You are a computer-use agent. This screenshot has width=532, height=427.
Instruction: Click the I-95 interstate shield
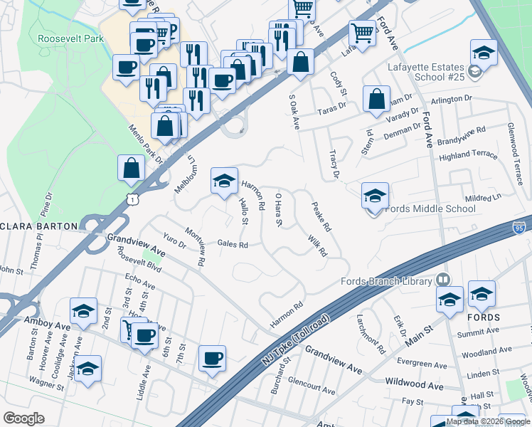click(519, 228)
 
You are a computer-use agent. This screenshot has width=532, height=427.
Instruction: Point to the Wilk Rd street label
click(316, 246)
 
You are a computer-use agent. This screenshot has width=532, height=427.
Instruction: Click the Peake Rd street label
click(321, 217)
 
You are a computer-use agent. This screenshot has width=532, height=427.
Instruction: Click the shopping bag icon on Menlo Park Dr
click(132, 169)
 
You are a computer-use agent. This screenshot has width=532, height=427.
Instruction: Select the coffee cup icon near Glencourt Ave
click(212, 359)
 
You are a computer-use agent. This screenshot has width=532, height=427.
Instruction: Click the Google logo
click(24, 418)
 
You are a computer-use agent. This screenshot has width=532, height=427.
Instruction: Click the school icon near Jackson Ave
click(88, 369)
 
